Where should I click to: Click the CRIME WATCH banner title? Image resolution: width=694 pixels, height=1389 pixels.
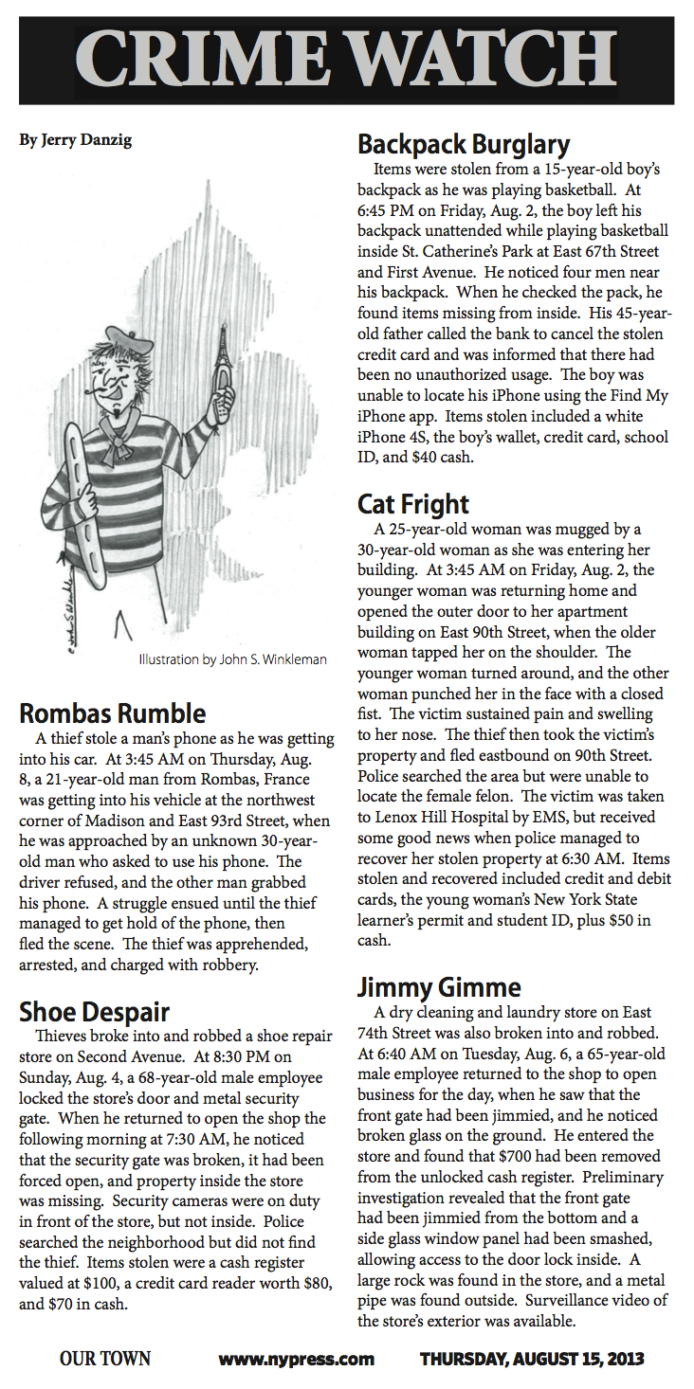(347, 59)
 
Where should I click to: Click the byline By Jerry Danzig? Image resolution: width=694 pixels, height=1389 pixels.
(76, 140)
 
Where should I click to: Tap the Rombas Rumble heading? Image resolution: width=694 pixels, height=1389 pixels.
(113, 712)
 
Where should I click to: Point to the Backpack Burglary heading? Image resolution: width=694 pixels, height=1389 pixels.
(464, 144)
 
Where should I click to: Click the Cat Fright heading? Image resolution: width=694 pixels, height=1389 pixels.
(413, 502)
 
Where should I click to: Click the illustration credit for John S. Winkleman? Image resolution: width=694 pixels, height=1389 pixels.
(232, 659)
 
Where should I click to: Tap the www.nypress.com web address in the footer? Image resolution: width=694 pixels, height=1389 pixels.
(297, 1360)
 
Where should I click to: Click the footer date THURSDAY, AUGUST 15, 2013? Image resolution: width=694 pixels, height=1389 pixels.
(532, 1360)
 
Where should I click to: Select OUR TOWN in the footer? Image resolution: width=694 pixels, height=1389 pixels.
(105, 1360)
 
